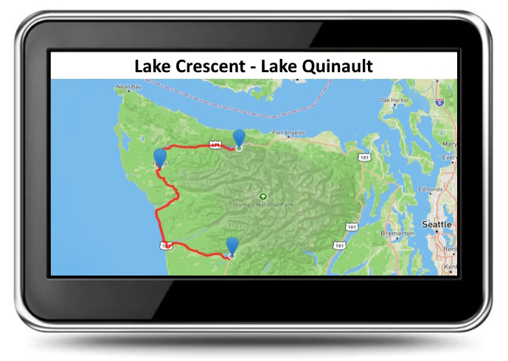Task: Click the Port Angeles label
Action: [x=288, y=133]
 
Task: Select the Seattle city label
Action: [x=436, y=224]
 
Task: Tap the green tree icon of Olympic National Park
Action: [x=263, y=196]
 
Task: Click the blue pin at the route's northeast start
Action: [x=239, y=137]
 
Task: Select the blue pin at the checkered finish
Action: [x=232, y=245]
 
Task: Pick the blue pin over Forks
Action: [x=160, y=157]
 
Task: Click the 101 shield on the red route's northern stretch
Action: [x=215, y=146]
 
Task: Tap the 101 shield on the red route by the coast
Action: [x=167, y=244]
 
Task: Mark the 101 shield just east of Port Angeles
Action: [x=363, y=157]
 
